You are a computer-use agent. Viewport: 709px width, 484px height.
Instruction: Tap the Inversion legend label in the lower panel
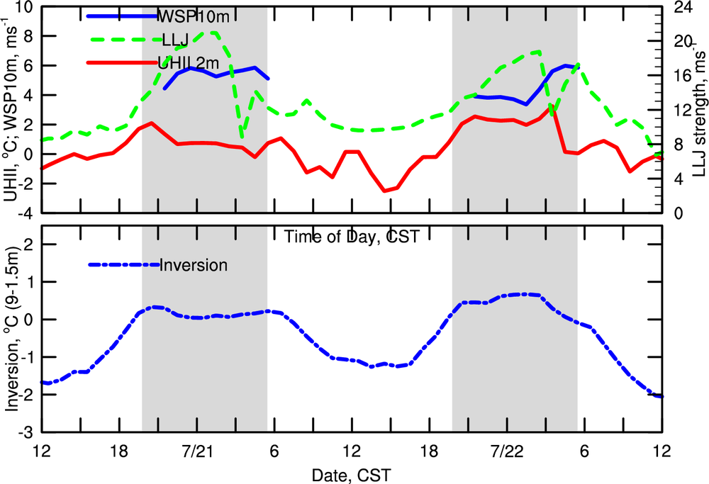194,266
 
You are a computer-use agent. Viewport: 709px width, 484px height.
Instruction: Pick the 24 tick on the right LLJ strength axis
679,8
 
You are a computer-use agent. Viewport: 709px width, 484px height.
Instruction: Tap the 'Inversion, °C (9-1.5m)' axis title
10,330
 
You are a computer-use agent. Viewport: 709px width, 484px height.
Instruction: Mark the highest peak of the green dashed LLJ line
212,32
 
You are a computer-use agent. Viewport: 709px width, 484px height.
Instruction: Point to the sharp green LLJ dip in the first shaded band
242,135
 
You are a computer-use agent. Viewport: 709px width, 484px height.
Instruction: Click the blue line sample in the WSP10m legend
121,15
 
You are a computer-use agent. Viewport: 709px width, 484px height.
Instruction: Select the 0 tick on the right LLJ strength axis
674,213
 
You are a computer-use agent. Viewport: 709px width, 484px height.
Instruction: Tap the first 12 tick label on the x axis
41,451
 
